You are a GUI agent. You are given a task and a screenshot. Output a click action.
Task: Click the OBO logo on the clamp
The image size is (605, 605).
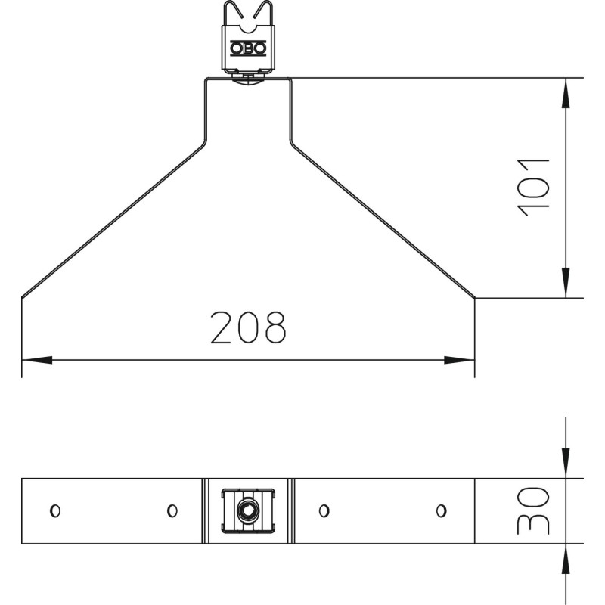[x=248, y=48]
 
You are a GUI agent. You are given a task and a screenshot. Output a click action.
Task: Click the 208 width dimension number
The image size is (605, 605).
[x=249, y=327]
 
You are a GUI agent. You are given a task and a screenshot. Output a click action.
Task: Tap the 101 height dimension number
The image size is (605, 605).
[x=534, y=187]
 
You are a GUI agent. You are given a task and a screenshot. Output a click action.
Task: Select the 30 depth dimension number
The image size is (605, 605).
[x=534, y=510]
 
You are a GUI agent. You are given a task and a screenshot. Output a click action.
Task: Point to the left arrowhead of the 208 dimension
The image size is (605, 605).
[x=36, y=360]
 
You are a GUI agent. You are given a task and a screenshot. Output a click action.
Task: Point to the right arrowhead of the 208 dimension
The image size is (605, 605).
[x=460, y=360]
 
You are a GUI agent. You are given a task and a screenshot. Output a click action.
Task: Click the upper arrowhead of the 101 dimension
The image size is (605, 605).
[x=566, y=93]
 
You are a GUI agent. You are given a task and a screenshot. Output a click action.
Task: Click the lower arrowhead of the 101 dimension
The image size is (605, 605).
[x=566, y=282]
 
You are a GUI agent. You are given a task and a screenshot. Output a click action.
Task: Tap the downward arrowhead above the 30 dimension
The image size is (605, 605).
[x=566, y=463]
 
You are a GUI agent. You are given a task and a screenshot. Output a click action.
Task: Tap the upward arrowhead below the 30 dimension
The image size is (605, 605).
[x=566, y=559]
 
